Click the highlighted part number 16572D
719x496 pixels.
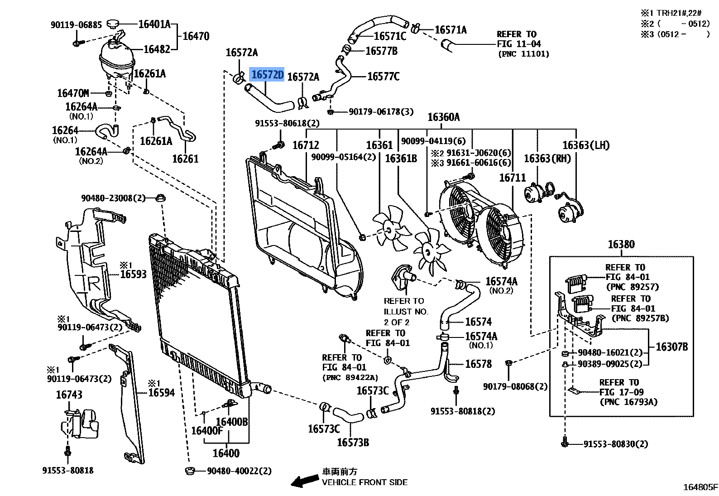point(267,75)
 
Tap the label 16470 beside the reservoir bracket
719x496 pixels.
point(196,36)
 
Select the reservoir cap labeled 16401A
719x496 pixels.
point(113,24)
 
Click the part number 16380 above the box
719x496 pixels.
point(621,245)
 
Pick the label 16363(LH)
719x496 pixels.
point(586,145)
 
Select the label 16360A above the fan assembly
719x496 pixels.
point(444,117)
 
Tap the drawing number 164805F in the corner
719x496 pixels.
point(700,487)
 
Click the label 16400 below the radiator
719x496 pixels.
point(226,453)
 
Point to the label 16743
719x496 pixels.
point(69,395)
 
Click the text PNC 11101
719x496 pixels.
point(523,54)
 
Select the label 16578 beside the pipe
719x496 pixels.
point(478,364)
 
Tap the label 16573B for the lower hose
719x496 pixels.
point(353,442)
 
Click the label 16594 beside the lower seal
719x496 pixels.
point(161,392)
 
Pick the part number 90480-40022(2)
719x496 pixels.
point(239,471)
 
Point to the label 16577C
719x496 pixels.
point(383,77)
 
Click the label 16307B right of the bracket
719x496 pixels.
point(671,347)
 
